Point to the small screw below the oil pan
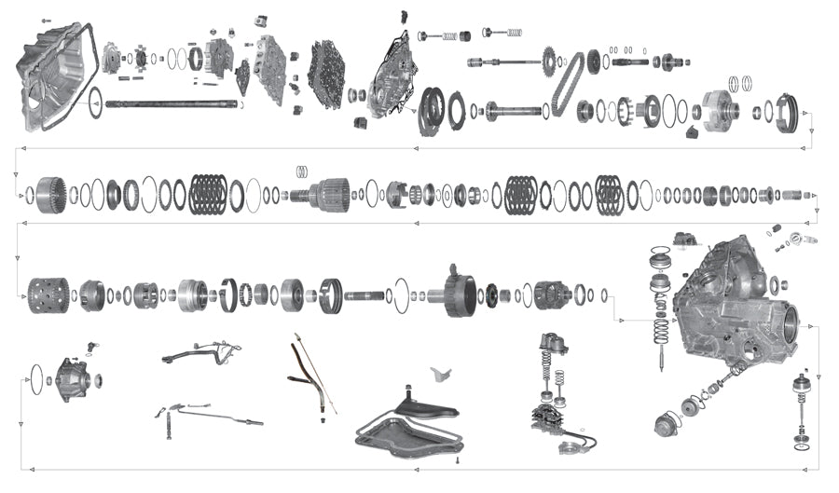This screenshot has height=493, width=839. coord(458,459)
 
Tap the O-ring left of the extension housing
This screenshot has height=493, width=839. coord(37,378)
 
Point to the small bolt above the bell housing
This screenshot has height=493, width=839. coord(47,20)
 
